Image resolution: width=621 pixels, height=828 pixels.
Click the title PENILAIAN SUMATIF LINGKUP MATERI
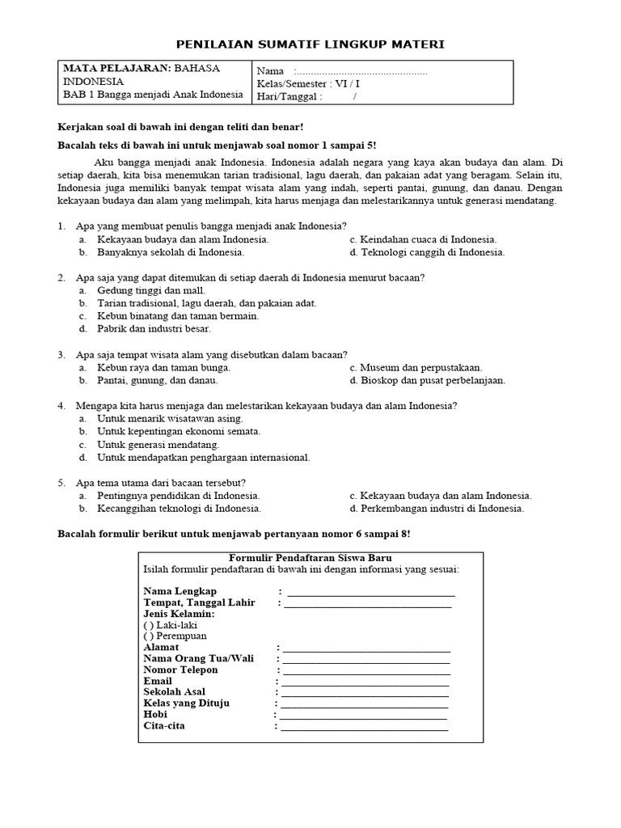click(x=310, y=43)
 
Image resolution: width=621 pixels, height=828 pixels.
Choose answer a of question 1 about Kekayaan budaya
click(x=183, y=239)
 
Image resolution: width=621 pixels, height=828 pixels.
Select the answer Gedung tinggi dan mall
click(x=150, y=290)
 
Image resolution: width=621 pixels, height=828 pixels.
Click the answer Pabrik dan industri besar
click(x=154, y=329)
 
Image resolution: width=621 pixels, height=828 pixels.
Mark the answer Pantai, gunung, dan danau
click(x=157, y=380)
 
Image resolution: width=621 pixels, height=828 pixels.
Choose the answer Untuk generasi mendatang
click(x=158, y=445)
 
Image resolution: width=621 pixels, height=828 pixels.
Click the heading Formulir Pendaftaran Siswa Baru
click(x=310, y=558)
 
